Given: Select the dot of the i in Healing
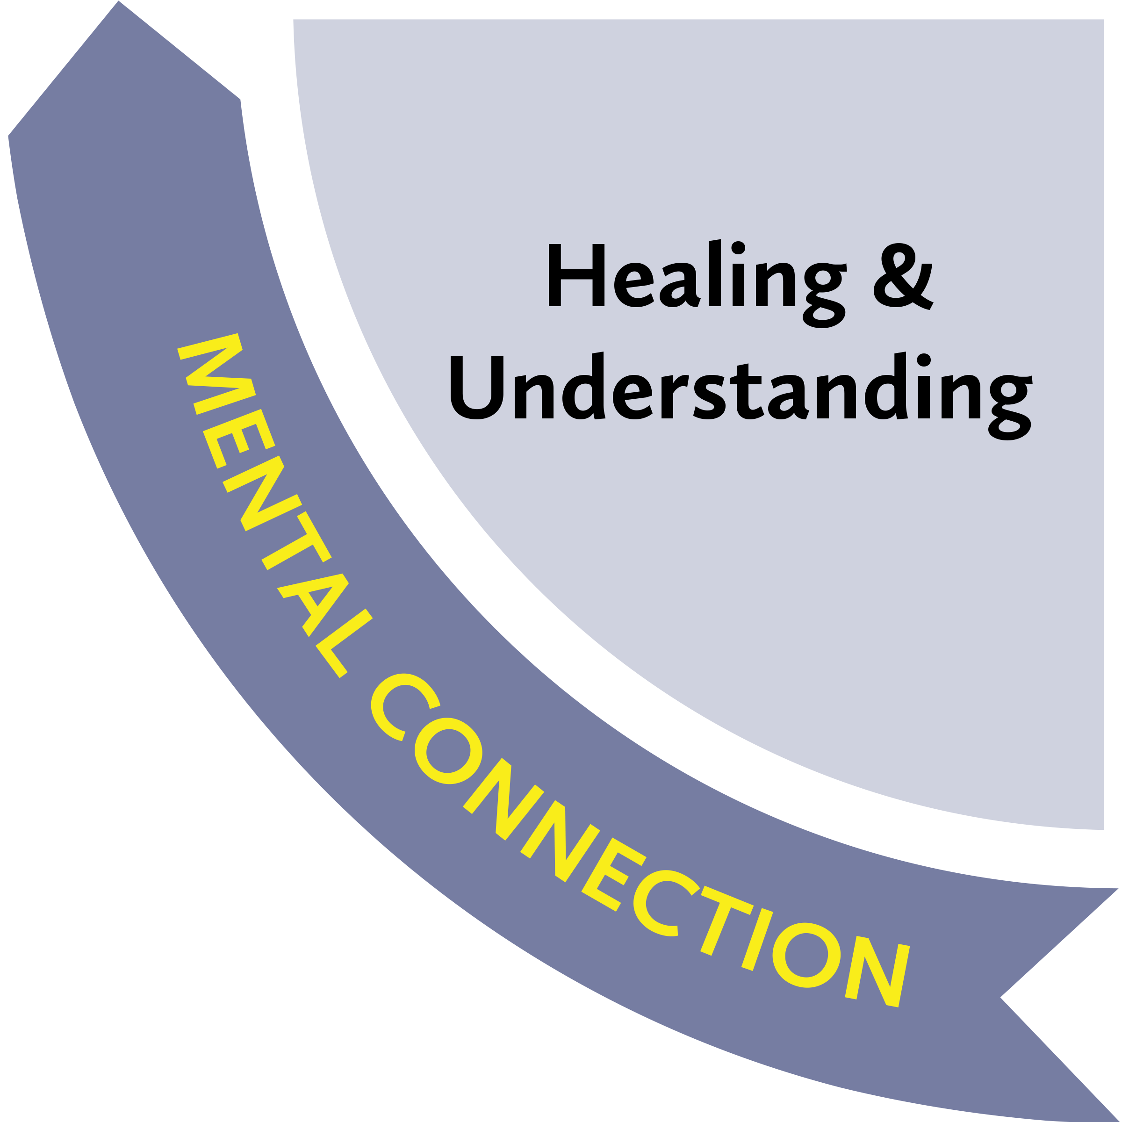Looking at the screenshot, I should (x=738, y=247).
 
